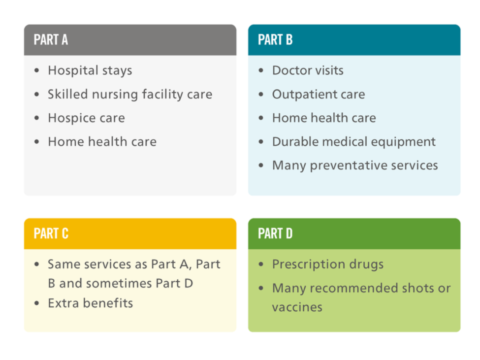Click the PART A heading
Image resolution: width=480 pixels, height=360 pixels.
51,40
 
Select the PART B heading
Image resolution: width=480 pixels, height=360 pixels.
275,40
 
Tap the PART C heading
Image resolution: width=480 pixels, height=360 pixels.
51,233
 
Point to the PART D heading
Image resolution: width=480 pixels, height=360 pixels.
275,233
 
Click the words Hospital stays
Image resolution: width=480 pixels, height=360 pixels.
90,70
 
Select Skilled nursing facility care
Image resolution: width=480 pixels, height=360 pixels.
130,94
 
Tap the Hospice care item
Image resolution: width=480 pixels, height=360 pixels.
86,118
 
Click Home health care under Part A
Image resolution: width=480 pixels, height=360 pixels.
102,142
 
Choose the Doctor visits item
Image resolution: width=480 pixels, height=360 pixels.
308,70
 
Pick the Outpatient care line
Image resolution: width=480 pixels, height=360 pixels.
319,94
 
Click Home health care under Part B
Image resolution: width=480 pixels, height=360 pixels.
324,118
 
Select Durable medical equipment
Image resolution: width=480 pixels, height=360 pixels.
354,142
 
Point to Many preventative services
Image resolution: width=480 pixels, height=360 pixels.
355,165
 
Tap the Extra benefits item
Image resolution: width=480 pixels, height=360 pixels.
90,303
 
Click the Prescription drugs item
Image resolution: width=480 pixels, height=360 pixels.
328,264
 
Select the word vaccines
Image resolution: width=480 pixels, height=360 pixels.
297,307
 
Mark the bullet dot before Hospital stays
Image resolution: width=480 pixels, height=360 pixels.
37,71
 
